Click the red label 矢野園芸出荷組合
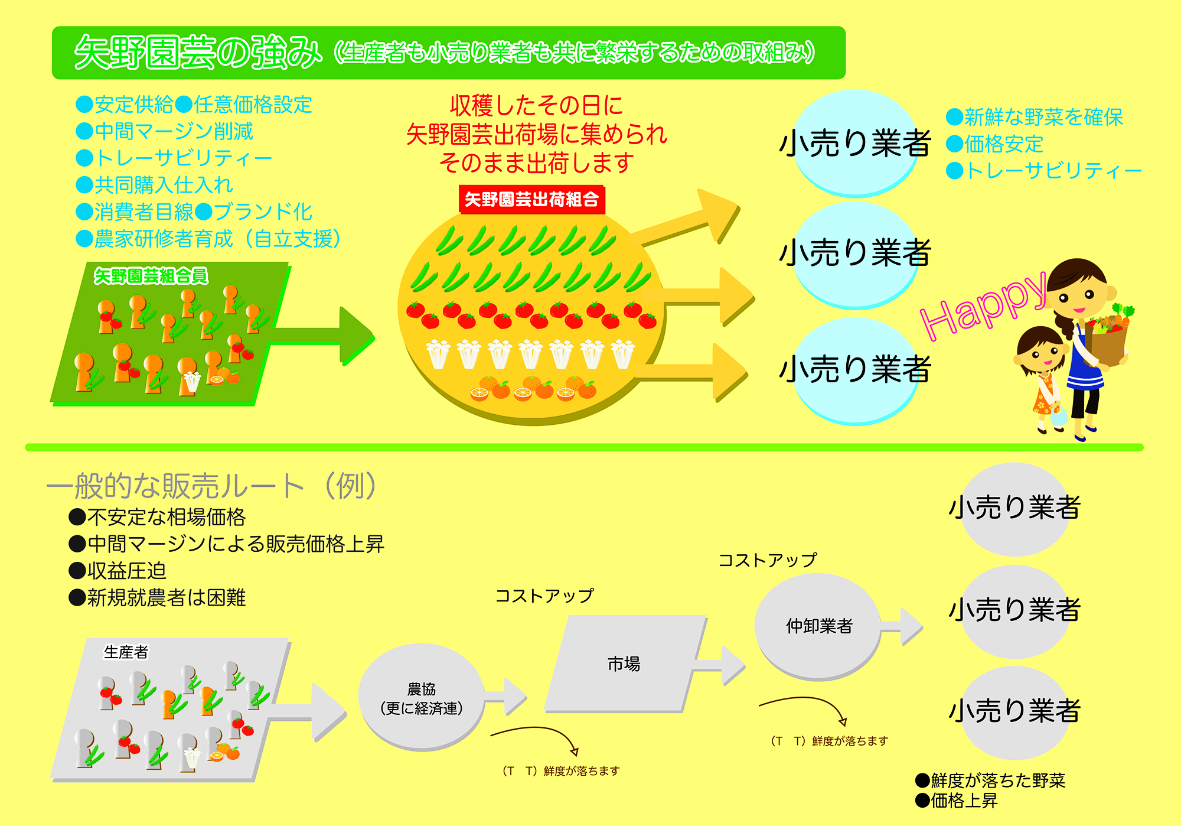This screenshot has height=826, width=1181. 531,200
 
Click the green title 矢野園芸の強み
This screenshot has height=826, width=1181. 198,53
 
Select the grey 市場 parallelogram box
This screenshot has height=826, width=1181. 624,664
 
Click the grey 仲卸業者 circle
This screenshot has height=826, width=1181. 818,626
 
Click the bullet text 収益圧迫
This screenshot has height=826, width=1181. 126,571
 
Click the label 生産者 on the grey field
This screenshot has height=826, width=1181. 126,652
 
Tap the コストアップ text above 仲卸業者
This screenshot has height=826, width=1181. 768,560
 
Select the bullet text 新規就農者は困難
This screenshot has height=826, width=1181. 166,597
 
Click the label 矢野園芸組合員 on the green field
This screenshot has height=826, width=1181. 151,276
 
